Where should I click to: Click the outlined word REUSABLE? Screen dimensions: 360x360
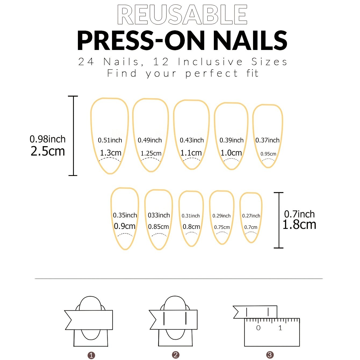(x=182, y=15)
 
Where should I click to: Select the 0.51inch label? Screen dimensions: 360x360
(x=110, y=140)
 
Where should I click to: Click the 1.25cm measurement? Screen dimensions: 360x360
(x=151, y=153)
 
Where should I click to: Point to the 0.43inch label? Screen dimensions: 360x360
(x=192, y=140)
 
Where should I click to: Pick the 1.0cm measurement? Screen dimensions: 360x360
(x=231, y=153)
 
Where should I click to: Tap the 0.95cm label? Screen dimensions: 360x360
(x=268, y=154)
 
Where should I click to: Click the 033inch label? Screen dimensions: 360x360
(x=159, y=215)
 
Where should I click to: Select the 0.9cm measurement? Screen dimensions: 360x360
(x=125, y=226)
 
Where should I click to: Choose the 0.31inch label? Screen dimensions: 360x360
(x=191, y=216)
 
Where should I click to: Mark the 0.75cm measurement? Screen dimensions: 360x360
(x=222, y=227)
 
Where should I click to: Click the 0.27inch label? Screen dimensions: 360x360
(x=251, y=216)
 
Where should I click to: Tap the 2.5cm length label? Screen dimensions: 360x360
(x=48, y=151)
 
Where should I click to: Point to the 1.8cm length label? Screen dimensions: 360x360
(x=299, y=225)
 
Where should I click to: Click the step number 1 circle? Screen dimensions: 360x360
(x=91, y=355)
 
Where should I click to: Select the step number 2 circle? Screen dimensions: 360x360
(x=176, y=355)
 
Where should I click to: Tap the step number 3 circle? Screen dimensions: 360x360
(x=270, y=355)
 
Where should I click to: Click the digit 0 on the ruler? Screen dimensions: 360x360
(x=258, y=328)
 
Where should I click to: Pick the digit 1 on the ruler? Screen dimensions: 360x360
(x=280, y=328)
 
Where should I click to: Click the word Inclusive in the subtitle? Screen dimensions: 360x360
(x=210, y=62)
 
